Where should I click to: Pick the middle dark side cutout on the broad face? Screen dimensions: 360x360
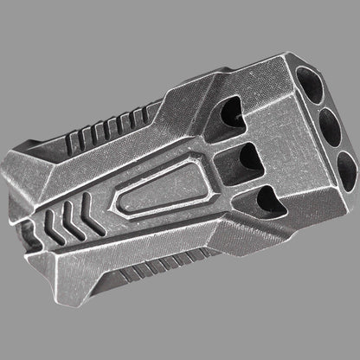(247, 160)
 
